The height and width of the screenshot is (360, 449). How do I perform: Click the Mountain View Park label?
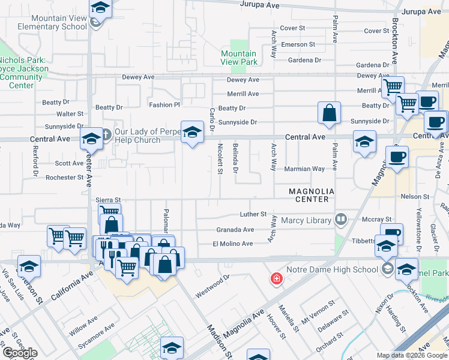pyautogui.click(x=239, y=58)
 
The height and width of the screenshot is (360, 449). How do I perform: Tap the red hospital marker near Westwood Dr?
pyautogui.click(x=276, y=278)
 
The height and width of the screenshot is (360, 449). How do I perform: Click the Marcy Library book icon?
pyautogui.click(x=341, y=219)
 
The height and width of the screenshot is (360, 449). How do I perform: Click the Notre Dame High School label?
pyautogui.click(x=349, y=269)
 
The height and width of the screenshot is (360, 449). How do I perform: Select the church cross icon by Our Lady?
pyautogui.click(x=106, y=133)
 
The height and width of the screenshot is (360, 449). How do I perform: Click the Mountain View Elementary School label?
pyautogui.click(x=51, y=22)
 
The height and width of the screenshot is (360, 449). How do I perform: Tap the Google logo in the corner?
pyautogui.click(x=20, y=353)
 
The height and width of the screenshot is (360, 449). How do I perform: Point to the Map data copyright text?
pyautogui.click(x=412, y=355)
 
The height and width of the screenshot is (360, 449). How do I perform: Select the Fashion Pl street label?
pyautogui.click(x=164, y=105)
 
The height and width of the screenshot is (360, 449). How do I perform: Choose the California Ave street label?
pyautogui.click(x=72, y=285)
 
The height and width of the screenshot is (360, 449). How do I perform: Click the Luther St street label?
pyautogui.click(x=253, y=214)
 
